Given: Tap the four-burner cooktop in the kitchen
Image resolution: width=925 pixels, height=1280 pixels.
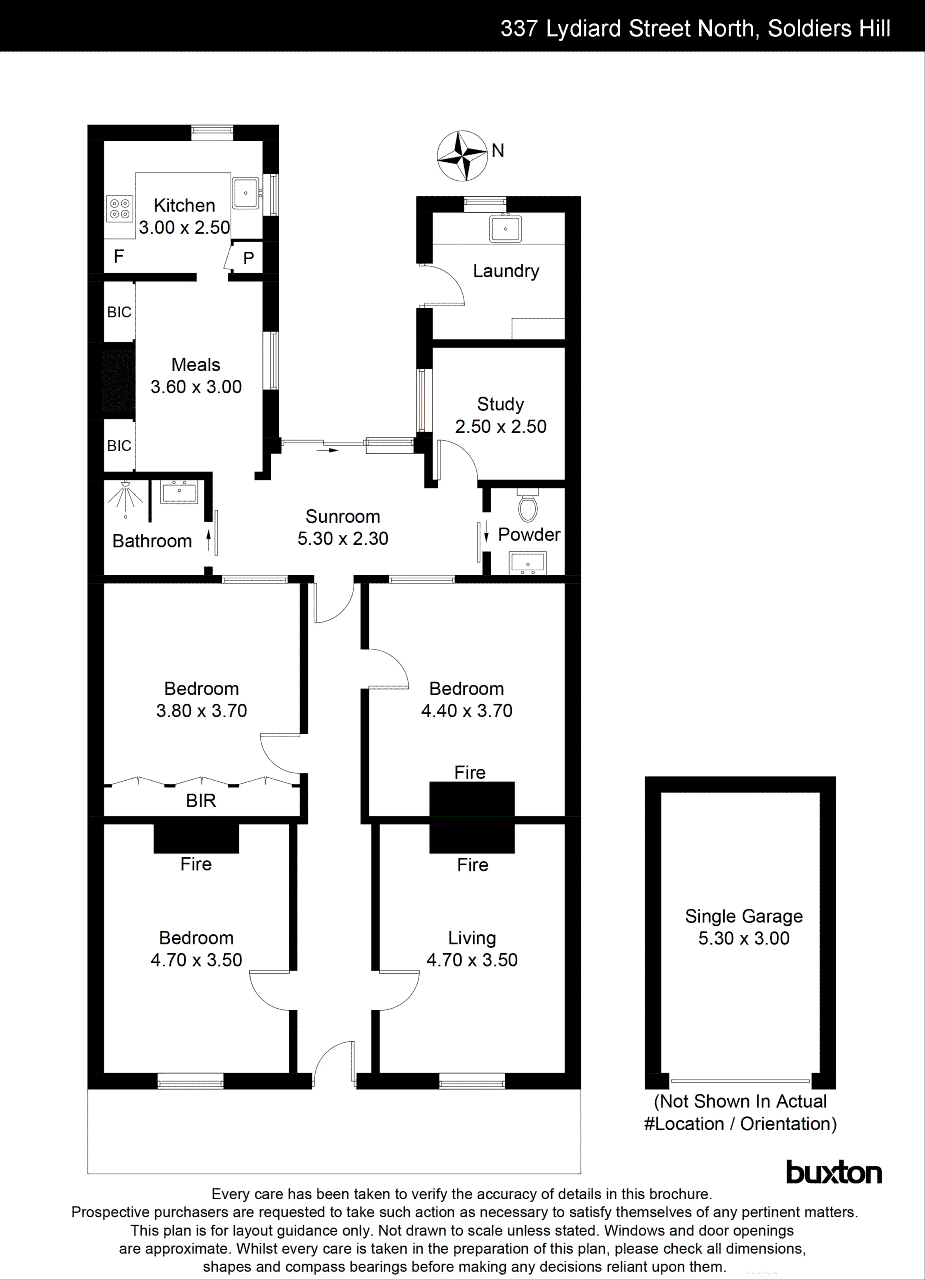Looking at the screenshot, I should (120, 208).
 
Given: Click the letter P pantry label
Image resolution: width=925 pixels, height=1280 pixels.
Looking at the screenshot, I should (249, 258).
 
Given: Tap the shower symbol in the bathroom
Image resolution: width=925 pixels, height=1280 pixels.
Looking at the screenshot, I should (125, 497).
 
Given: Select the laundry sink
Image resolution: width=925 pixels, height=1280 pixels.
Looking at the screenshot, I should (505, 228).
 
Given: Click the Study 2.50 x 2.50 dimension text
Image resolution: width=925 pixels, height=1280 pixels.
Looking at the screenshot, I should (500, 426).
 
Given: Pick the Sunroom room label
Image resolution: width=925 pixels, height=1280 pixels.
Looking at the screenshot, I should (343, 517).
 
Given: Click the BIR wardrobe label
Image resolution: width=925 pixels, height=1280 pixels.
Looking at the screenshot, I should (201, 800).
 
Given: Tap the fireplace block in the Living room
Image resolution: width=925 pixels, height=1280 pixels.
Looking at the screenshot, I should (472, 838).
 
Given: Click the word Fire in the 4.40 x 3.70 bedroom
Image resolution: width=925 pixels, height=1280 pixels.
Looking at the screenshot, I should (470, 772).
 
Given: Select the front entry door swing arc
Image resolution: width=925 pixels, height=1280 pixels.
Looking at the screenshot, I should (333, 1061).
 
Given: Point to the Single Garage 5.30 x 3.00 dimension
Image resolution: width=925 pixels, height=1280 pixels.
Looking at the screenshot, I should (744, 938).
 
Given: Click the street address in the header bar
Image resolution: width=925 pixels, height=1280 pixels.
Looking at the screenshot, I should (695, 28).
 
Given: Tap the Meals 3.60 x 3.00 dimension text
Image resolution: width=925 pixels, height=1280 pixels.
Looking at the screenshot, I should (196, 387).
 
